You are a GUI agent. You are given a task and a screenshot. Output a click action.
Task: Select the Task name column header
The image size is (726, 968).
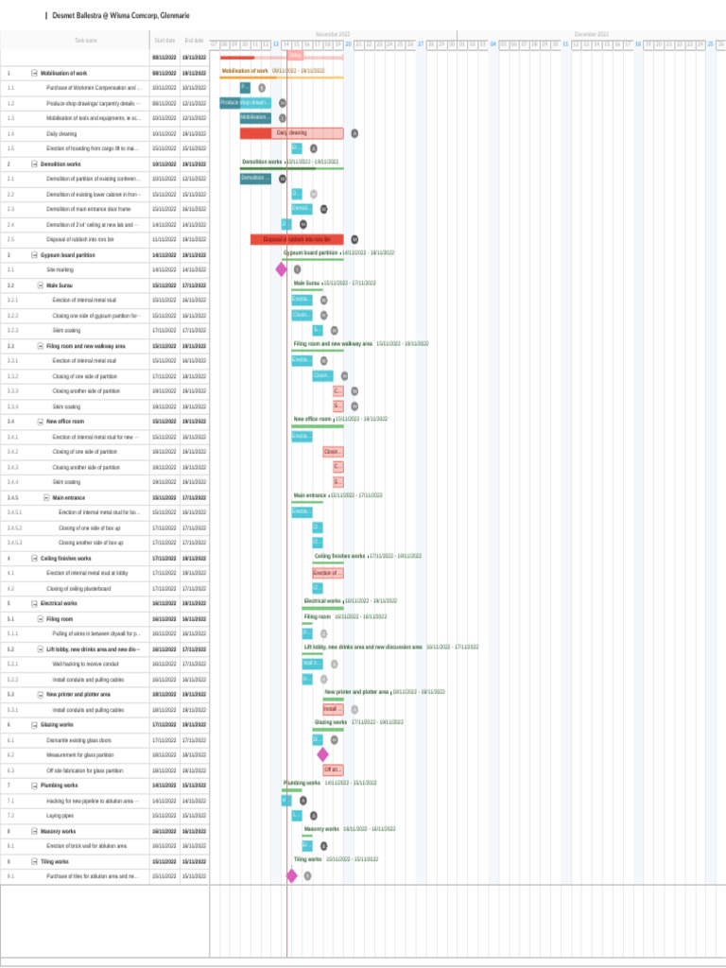[85, 41]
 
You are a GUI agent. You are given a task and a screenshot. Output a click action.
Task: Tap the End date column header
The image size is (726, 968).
[194, 41]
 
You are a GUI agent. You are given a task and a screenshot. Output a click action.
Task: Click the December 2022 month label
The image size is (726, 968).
[591, 34]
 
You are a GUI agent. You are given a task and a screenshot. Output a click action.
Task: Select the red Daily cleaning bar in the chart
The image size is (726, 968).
[291, 133]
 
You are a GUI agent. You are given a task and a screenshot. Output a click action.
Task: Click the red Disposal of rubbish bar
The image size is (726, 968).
[297, 239]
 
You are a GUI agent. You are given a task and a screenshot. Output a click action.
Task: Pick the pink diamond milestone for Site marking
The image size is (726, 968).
[281, 269]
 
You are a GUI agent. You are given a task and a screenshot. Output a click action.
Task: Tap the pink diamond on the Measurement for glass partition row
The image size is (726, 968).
[322, 754]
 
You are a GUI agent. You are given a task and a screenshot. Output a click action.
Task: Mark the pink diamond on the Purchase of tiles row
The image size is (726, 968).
[291, 875]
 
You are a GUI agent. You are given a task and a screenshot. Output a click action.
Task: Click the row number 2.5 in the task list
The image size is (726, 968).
[10, 239]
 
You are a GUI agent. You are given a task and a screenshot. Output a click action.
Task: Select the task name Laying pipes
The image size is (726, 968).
[60, 815]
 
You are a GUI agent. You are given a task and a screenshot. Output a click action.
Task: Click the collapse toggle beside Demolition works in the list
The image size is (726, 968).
[34, 164]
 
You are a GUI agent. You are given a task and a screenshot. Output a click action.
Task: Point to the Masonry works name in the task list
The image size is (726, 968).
[59, 830]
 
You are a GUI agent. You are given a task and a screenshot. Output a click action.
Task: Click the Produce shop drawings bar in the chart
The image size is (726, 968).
[245, 102]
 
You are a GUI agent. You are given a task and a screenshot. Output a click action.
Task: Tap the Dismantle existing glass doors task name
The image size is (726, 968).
[78, 739]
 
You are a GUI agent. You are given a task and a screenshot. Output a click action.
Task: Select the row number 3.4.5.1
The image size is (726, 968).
[14, 512]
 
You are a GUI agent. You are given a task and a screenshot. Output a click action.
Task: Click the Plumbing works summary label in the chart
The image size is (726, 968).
[302, 783]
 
